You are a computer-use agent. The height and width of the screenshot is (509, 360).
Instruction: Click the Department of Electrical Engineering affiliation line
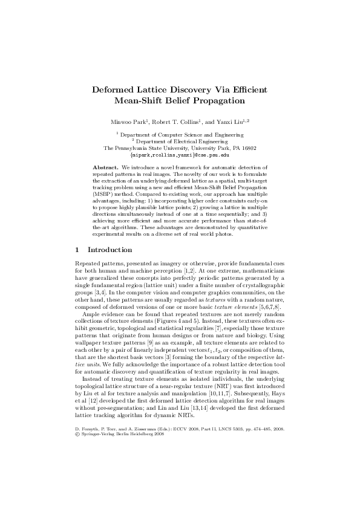(181, 141)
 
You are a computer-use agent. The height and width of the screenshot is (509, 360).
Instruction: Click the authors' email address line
(180, 154)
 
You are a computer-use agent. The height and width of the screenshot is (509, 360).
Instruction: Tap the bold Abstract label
(105, 166)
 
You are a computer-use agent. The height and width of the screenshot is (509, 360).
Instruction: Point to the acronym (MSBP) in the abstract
(105, 197)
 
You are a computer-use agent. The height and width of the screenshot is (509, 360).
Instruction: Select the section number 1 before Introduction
(77, 250)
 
